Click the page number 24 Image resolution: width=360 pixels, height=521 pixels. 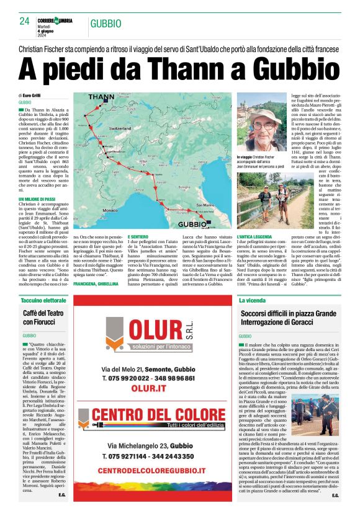[x=25, y=21]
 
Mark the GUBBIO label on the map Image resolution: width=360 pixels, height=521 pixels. [x=192, y=223]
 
